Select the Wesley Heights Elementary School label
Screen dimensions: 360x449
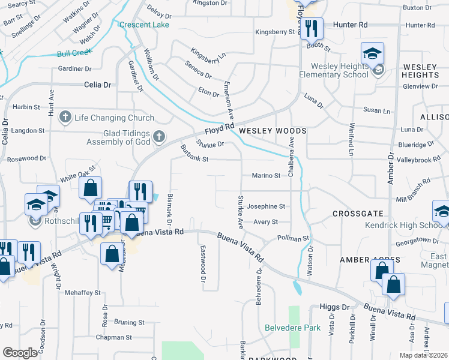(x=339, y=70)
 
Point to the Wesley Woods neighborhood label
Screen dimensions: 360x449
(x=273, y=130)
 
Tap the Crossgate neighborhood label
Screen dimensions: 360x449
(x=358, y=214)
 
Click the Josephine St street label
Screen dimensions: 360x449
(x=265, y=206)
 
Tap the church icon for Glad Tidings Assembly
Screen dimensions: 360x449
(x=159, y=137)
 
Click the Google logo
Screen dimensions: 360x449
(x=20, y=353)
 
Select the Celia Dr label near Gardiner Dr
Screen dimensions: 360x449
(x=98, y=85)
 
